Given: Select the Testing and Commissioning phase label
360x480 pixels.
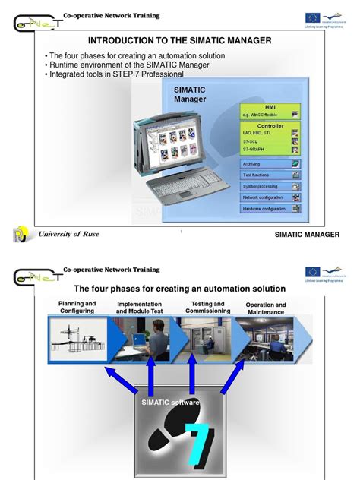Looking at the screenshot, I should (207, 307).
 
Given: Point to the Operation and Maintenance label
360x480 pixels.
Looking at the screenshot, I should (266, 308).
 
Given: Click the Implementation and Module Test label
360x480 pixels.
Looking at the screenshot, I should (140, 308).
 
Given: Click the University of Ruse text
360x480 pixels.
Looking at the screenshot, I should (69, 234).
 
